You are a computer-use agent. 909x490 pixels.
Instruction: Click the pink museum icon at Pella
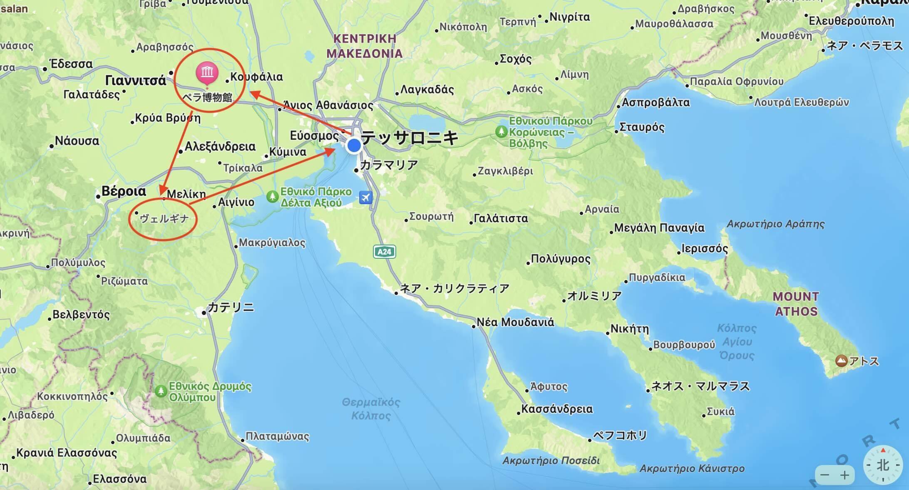tap(207, 73)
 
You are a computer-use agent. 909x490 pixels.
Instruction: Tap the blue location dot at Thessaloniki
tap(354, 146)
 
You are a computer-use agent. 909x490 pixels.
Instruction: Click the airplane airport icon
tap(365, 197)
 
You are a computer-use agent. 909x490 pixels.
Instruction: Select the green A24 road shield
tap(384, 252)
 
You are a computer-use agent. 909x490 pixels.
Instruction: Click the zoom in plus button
tap(845, 475)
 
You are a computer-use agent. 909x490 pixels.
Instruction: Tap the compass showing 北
tap(883, 465)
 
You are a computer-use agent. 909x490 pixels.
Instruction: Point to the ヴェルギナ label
tap(164, 218)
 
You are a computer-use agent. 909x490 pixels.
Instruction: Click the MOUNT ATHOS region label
tap(796, 304)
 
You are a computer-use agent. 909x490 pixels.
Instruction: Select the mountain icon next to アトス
tap(841, 360)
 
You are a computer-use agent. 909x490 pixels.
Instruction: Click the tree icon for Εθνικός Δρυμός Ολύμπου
tap(161, 391)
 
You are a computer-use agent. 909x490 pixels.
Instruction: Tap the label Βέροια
tap(124, 191)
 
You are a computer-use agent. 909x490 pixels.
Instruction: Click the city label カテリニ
tap(231, 307)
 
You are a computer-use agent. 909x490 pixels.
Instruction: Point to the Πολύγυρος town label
tap(560, 259)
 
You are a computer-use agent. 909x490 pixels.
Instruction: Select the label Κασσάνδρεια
tap(557, 409)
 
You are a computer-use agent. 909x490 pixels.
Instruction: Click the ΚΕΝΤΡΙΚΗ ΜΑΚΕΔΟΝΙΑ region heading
tap(365, 46)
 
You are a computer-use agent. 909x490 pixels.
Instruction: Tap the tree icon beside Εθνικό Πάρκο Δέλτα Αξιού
tap(272, 196)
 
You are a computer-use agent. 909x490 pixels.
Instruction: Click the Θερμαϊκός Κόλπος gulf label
tap(371, 409)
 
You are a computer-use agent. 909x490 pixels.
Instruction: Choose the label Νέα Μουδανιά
tap(515, 322)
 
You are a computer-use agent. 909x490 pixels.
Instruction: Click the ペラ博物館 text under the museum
tap(207, 97)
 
